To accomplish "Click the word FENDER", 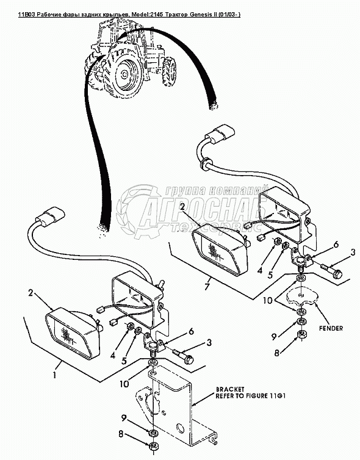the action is point(331,328).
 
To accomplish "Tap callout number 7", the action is point(207,286).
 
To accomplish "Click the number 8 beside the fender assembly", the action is point(277,353).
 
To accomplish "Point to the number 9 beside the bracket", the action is point(124,418).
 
